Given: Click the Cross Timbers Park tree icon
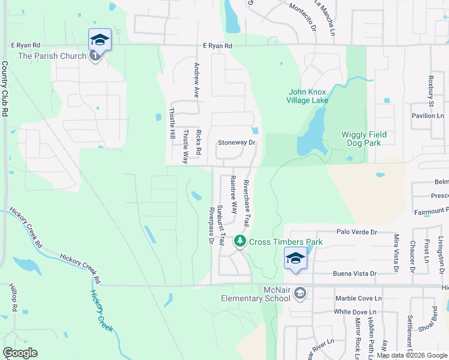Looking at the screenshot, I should coord(241,241).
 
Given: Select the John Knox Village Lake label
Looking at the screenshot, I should coord(309,96).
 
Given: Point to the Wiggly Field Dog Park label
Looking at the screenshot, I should coord(364,139).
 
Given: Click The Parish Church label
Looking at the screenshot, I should coord(52,56).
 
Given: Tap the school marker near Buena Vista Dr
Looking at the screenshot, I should coord(295,259).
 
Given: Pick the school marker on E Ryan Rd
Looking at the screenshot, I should coord(100,40).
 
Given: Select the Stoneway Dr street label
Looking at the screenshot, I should coord(237,143).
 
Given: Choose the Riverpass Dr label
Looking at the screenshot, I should coord(211,226).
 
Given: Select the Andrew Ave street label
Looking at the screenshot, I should coord(196,80).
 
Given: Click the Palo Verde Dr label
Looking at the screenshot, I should coord(356,232).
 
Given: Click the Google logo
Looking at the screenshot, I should coord(20,353).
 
